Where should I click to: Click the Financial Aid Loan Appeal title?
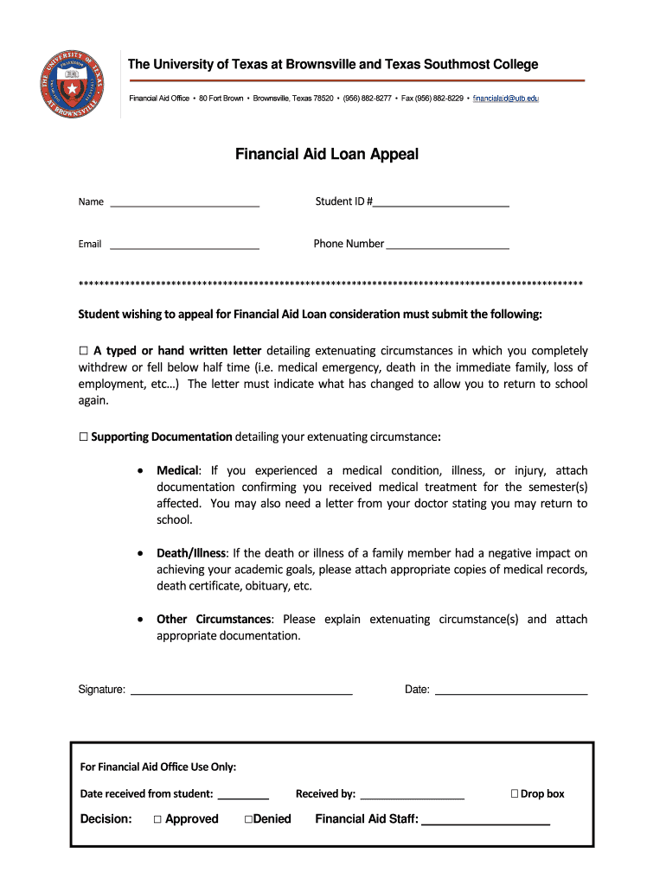tap(327, 154)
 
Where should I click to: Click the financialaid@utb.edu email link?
tap(506, 99)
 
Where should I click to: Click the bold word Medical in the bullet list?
tap(178, 471)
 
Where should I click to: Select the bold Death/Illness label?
tap(191, 553)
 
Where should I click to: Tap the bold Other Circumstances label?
tap(214, 620)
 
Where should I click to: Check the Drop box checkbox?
tap(515, 793)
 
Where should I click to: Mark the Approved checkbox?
tap(157, 819)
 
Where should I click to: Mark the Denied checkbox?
tap(247, 819)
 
